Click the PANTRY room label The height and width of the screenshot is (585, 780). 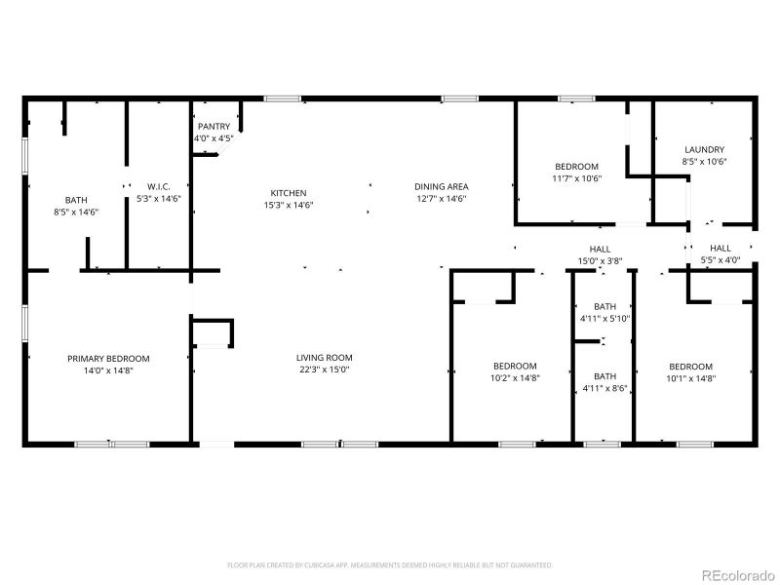pyautogui.click(x=214, y=127)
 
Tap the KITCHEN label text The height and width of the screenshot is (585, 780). pyautogui.click(x=289, y=193)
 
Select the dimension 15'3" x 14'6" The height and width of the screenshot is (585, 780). pyautogui.click(x=289, y=205)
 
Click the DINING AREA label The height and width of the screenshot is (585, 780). pyautogui.click(x=442, y=186)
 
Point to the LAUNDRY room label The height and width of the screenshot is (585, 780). pyautogui.click(x=704, y=149)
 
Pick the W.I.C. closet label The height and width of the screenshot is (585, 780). pyautogui.click(x=160, y=186)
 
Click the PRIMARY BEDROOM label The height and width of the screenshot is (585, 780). pyautogui.click(x=108, y=359)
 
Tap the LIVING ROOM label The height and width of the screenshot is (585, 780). pyautogui.click(x=325, y=358)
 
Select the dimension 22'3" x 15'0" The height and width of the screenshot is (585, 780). pyautogui.click(x=325, y=370)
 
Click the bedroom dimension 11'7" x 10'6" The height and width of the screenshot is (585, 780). pyautogui.click(x=576, y=178)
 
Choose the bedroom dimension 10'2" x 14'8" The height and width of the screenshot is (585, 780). pyautogui.click(x=515, y=377)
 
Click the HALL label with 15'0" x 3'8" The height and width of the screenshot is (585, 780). pyautogui.click(x=600, y=249)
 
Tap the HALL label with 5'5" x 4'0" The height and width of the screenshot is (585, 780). pyautogui.click(x=721, y=249)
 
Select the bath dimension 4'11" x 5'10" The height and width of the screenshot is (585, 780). pyautogui.click(x=605, y=319)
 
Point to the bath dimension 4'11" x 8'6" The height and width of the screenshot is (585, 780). pyautogui.click(x=605, y=388)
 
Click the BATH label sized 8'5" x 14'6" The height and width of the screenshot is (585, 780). pyautogui.click(x=76, y=199)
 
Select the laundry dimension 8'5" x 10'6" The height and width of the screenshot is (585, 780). pyautogui.click(x=704, y=161)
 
